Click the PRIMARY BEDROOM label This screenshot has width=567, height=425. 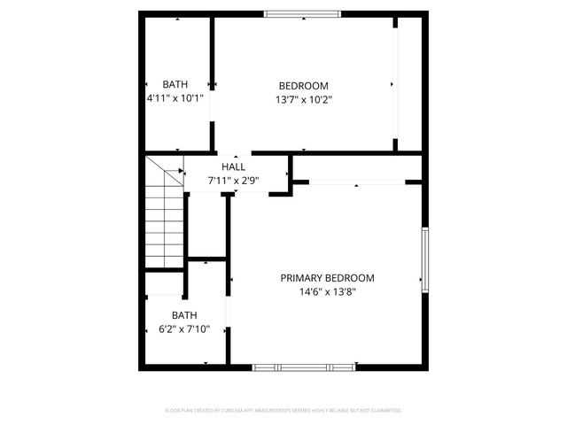pos(327,277)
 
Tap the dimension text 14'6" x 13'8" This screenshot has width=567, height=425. pos(327,291)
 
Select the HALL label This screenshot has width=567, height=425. pos(234,166)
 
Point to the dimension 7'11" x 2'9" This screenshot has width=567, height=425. pos(234,181)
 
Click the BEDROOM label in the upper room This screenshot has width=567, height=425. pos(303,86)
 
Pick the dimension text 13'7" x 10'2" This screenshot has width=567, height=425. pos(303,100)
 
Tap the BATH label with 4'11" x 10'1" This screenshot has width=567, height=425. pos(175,84)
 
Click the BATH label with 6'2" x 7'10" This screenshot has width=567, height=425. pos(184,315)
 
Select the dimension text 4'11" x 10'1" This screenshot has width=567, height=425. pos(175,98)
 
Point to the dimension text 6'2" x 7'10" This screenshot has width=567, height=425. pos(184,329)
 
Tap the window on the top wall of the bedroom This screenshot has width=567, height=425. pos(301,14)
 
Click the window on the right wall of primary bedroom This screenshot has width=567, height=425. pos(425,259)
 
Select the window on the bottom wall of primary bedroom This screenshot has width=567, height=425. pos(304,367)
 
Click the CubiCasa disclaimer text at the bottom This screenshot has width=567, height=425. pos(283,411)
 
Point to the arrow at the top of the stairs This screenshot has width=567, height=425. pos(180,171)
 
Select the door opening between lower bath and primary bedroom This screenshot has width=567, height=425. pos(229,312)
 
